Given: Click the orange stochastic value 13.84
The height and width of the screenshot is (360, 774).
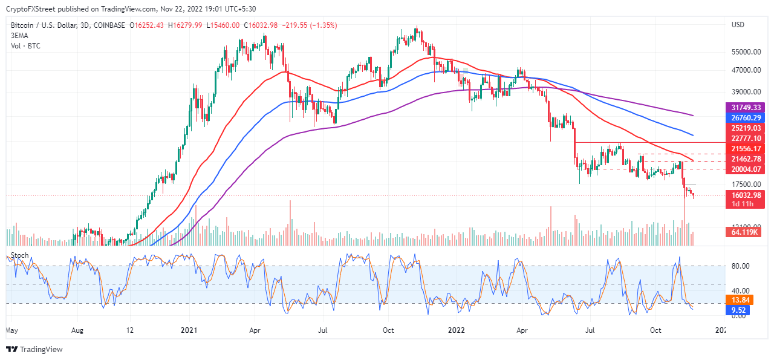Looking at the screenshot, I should [x=741, y=300].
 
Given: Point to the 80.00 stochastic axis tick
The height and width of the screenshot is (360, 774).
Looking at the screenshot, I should [x=741, y=266].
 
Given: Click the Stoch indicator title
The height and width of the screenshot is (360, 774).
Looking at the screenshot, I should [x=21, y=256].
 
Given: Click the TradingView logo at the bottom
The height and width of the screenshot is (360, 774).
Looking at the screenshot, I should [x=34, y=349].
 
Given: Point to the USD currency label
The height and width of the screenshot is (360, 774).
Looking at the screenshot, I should [x=738, y=25].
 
